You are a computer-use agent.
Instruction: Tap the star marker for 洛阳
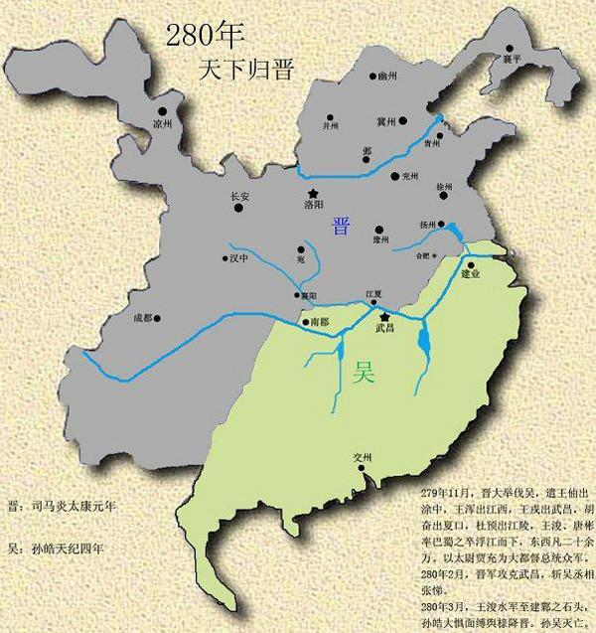tap(313, 193)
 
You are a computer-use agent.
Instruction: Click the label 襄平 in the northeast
tap(512, 60)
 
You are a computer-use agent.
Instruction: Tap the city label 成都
tap(145, 319)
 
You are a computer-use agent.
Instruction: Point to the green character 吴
tap(365, 377)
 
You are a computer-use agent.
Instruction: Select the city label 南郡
tap(318, 323)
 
